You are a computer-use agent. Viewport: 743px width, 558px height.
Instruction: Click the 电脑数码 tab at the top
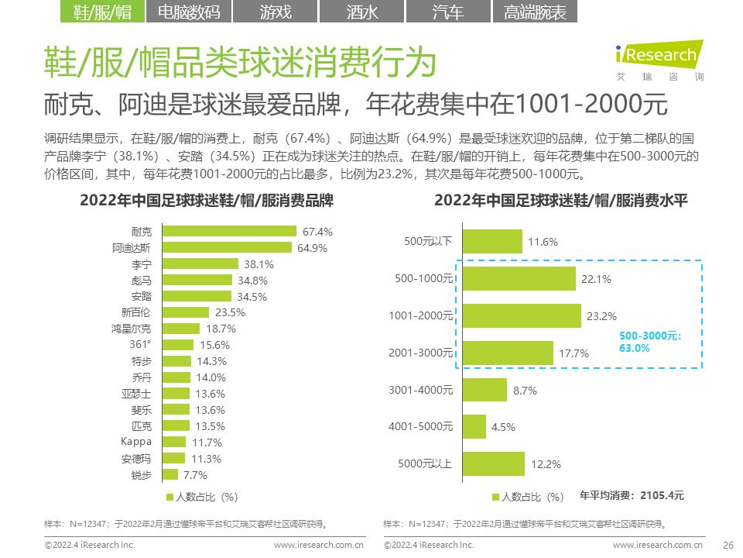coord(188,12)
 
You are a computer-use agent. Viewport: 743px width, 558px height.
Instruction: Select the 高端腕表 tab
coord(535,12)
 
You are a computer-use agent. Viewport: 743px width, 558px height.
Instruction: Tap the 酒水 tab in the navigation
coord(361,12)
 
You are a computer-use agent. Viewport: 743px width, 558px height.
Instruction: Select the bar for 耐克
coord(230,231)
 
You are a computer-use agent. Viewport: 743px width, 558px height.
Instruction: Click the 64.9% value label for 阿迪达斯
coord(312,248)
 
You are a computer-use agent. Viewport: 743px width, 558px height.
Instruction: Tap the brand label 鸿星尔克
coord(132,329)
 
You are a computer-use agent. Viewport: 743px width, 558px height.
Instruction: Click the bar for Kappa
coord(174,442)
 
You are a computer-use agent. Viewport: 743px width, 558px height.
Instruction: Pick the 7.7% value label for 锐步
coord(196,475)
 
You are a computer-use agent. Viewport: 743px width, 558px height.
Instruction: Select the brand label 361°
coord(140,345)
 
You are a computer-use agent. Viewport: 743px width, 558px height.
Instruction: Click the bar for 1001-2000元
coord(521,315)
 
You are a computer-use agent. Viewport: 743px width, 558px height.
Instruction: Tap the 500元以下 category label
coord(427,241)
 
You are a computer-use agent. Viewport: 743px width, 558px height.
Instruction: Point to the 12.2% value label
coord(545,464)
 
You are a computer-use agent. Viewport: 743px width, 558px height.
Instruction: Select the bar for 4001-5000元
coord(474,426)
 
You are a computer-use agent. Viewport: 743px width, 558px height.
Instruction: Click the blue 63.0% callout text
coord(635,349)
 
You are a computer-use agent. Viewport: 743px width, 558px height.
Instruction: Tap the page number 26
coord(727,545)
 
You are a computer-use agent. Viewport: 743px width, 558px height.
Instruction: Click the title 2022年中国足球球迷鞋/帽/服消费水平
coord(561,200)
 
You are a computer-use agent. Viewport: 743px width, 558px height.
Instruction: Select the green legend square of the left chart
coord(169,497)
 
